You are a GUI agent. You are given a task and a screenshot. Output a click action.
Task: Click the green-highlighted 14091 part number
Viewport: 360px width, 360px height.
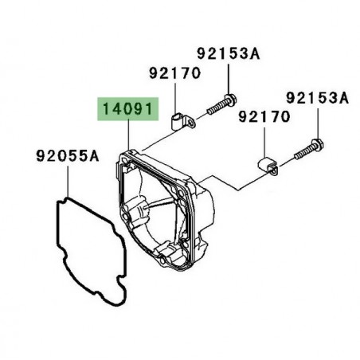(127, 109)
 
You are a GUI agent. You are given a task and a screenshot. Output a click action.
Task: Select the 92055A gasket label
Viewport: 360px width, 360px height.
(68, 156)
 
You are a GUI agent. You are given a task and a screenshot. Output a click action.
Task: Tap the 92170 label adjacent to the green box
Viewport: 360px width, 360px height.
(174, 73)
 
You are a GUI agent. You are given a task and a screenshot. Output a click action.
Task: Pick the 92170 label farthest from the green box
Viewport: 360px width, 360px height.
(264, 117)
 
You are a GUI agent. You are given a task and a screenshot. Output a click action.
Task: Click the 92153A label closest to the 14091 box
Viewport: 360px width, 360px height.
(229, 53)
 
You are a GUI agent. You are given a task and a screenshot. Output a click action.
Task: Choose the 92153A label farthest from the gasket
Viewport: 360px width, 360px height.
(317, 98)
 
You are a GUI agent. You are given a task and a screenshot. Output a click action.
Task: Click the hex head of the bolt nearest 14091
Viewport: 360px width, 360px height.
(231, 100)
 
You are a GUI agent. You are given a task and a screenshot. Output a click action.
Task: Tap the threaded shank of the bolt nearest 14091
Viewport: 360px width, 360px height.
(217, 108)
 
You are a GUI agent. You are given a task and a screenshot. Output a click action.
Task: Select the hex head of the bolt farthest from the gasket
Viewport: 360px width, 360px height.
(318, 144)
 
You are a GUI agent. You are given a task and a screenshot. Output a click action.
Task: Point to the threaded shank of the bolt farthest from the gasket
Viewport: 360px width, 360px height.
(303, 153)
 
